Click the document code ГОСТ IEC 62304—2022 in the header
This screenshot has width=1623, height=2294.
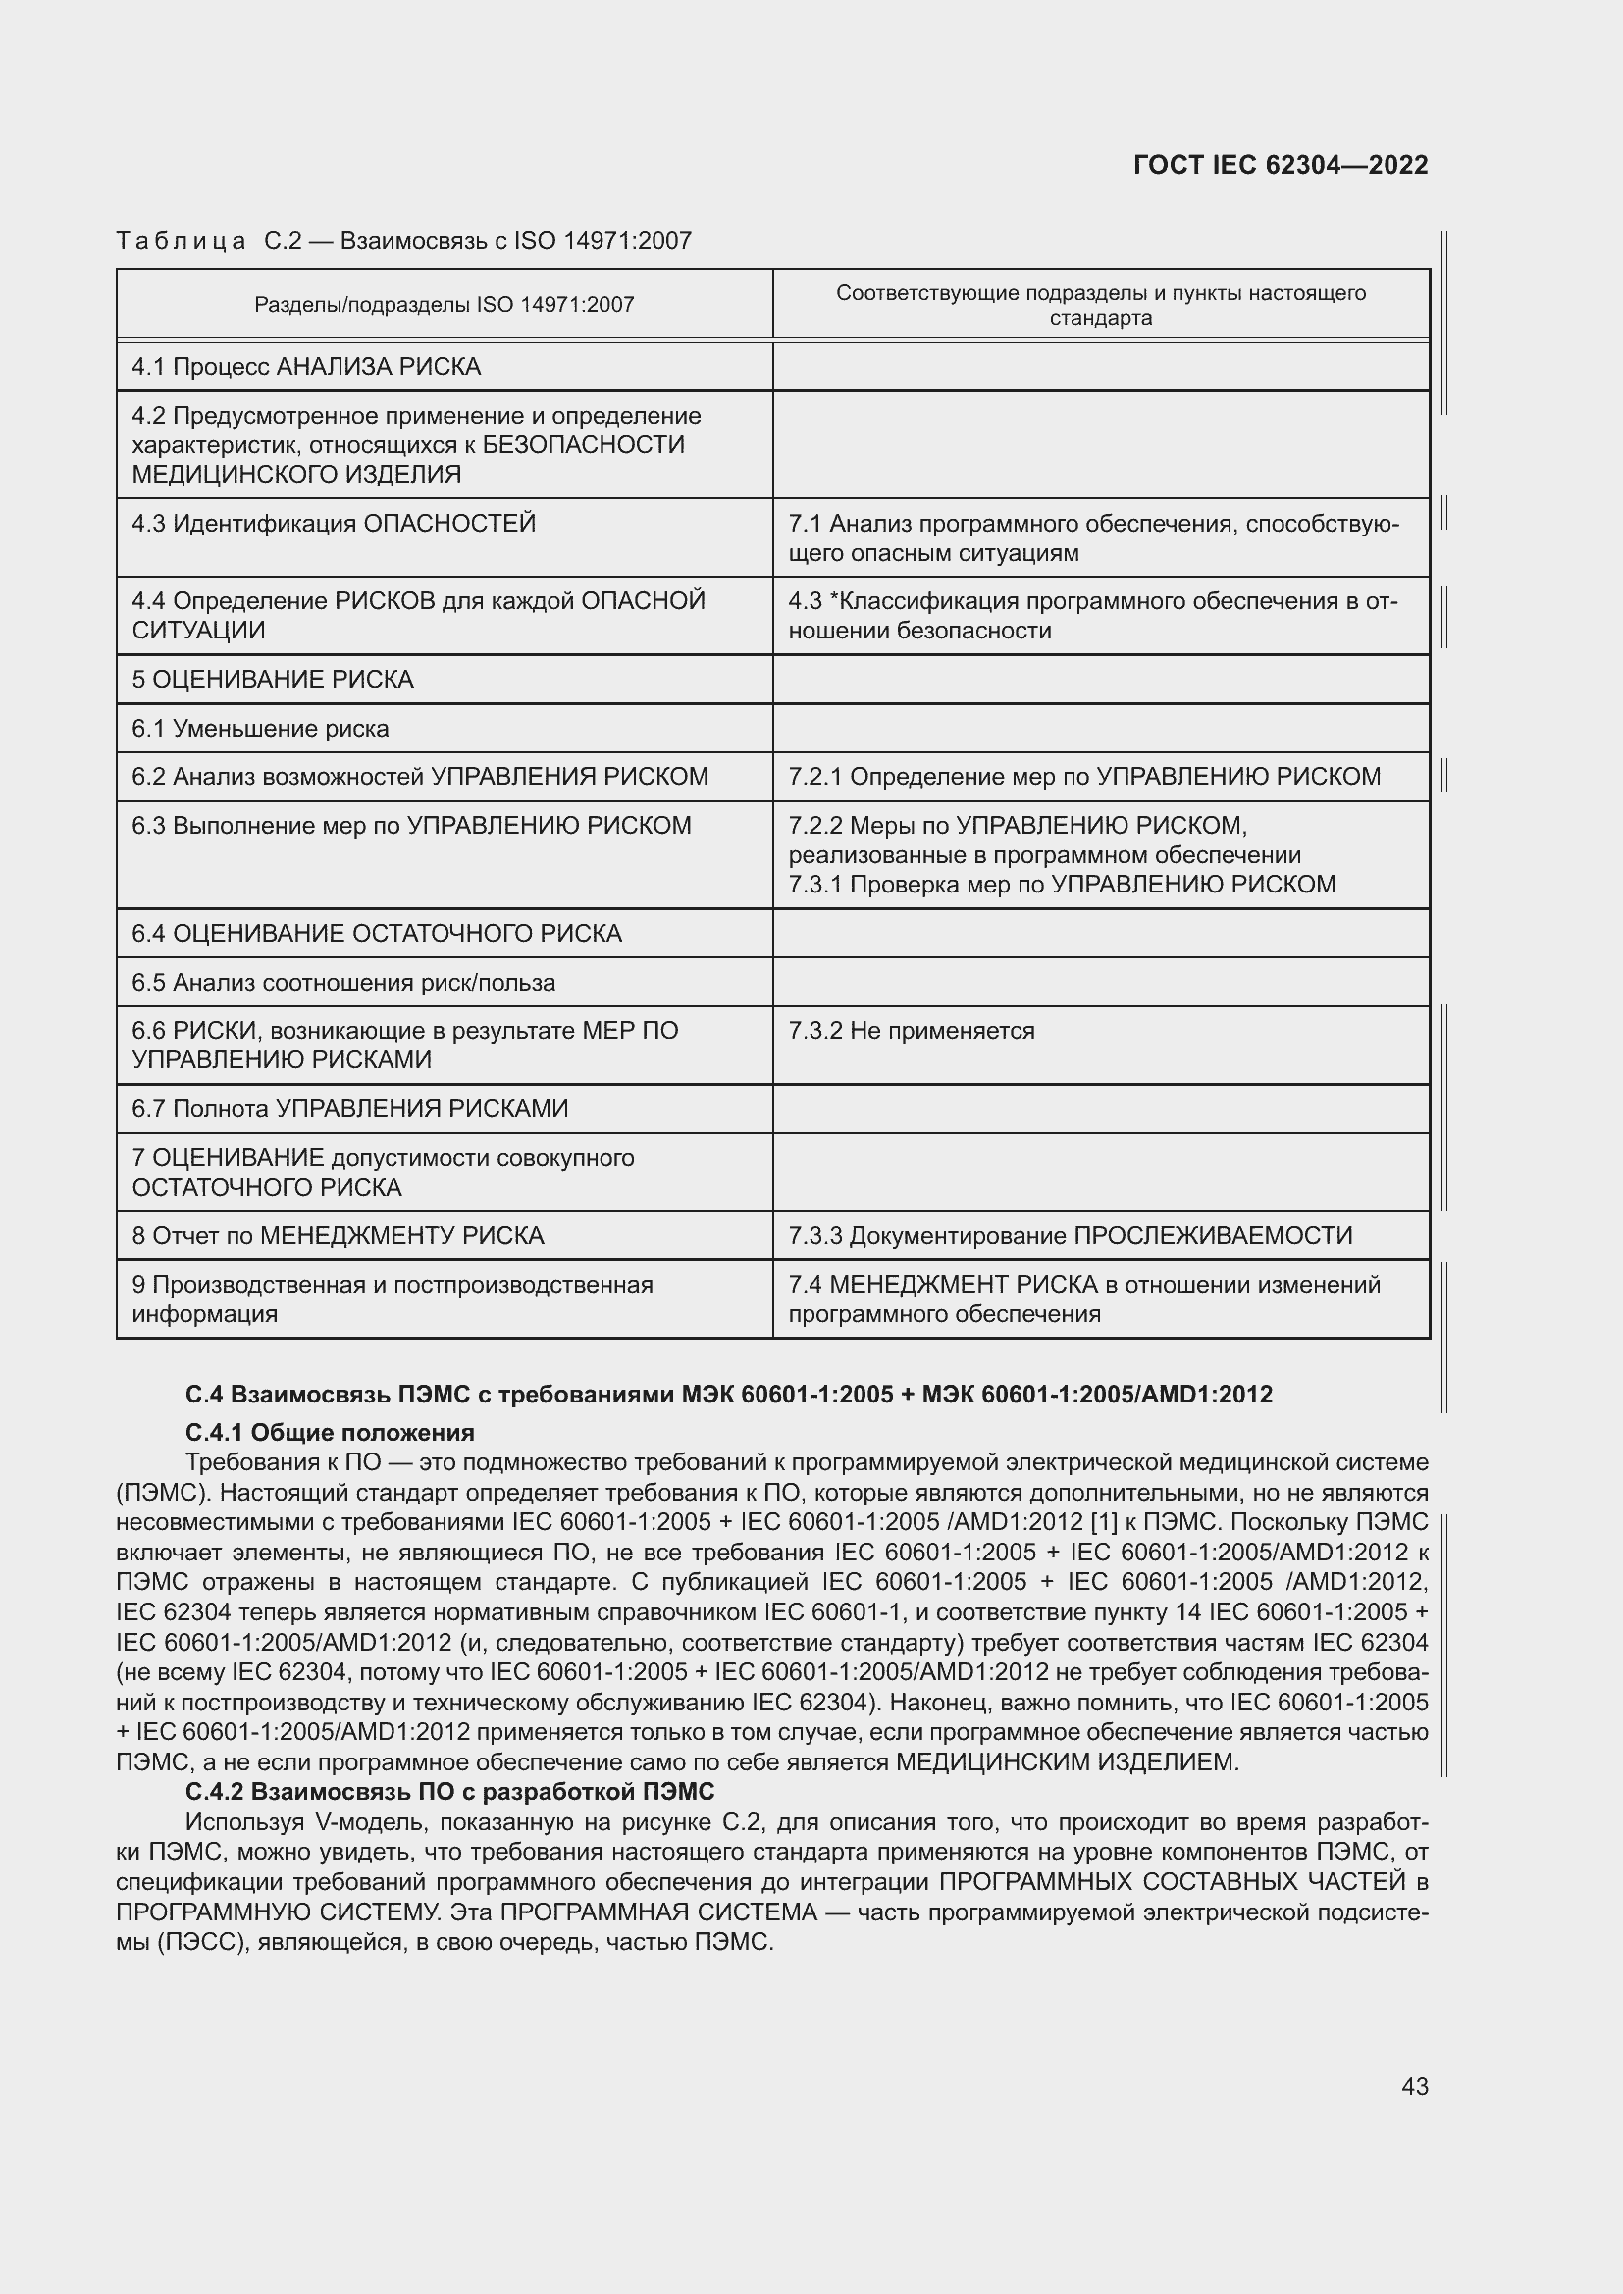coord(1281,165)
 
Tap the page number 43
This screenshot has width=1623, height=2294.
coord(1414,2086)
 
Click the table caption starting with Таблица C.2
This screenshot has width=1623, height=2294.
coord(403,241)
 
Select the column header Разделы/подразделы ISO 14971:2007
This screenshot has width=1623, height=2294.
coord(444,305)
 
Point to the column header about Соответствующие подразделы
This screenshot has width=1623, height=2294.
coord(1100,305)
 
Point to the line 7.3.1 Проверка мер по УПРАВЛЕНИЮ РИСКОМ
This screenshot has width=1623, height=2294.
coord(1062,885)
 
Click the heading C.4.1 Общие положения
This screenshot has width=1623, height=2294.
coord(330,1433)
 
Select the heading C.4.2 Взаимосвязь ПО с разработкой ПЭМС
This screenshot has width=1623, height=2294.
coord(449,1791)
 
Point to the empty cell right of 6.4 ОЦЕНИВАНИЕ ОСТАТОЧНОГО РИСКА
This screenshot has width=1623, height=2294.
coord(1100,933)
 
